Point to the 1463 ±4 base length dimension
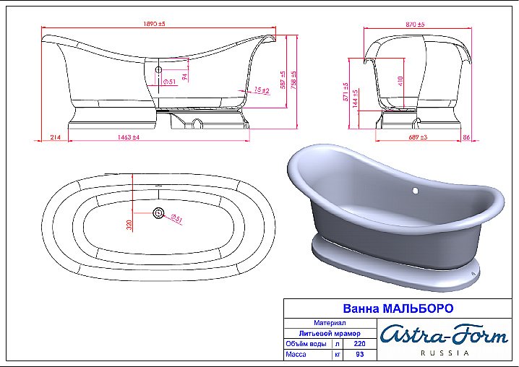click(x=127, y=136)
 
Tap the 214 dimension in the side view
click(x=55, y=136)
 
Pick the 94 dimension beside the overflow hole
click(x=185, y=76)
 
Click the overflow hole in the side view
click(x=158, y=70)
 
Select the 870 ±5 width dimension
click(x=415, y=25)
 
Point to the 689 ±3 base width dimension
click(x=418, y=136)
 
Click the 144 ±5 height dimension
click(x=356, y=99)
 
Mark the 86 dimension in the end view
click(x=466, y=136)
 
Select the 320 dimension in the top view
click(x=130, y=225)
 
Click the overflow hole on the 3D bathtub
click(x=415, y=191)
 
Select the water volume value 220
click(x=359, y=344)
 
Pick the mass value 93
click(x=359, y=355)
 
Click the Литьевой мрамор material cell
click(x=330, y=333)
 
